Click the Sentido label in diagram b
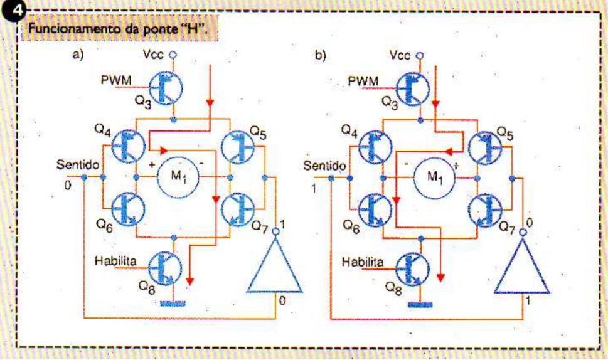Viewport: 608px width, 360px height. click(324, 166)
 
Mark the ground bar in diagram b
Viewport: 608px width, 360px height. click(417, 305)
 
